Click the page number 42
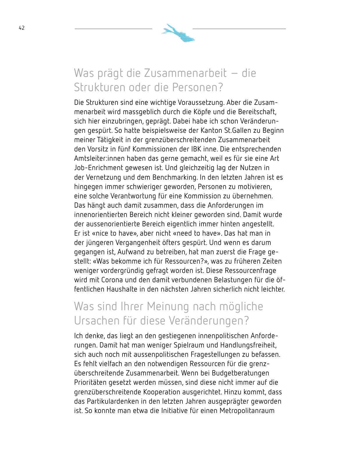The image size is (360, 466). point(22,28)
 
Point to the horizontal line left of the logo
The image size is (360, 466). point(113,29)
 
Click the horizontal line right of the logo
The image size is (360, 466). point(239,29)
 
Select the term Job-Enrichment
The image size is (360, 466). point(98,168)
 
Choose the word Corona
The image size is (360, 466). point(112,280)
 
